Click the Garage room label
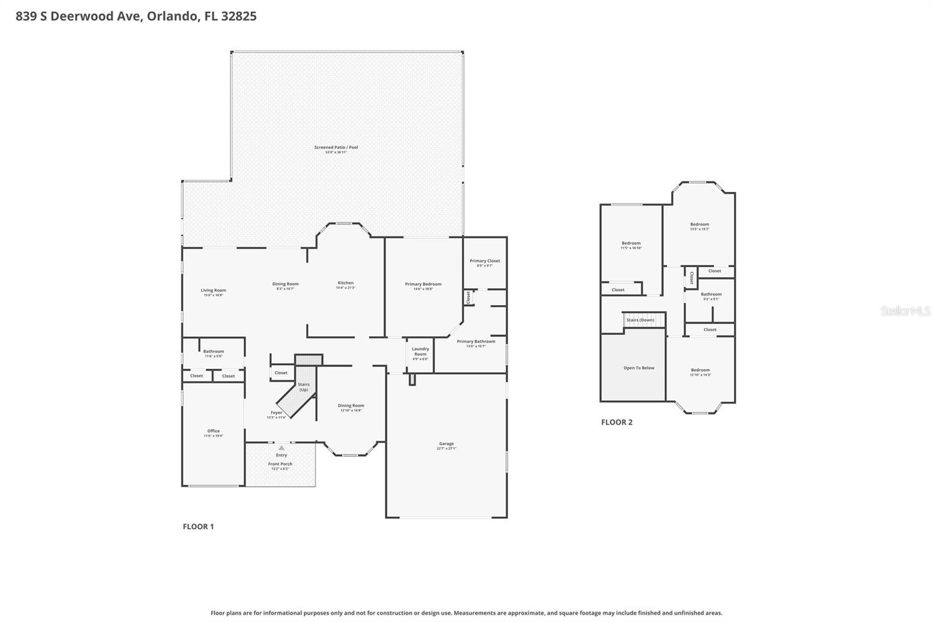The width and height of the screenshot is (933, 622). [x=446, y=444]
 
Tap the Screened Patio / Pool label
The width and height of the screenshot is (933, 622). [x=336, y=148]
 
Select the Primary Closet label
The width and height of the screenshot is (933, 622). [x=485, y=261]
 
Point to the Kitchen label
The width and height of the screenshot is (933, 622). [x=345, y=284]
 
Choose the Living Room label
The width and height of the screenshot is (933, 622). [x=213, y=291]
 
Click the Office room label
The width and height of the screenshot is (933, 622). [x=213, y=431]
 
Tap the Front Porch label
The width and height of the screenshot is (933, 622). [x=280, y=464]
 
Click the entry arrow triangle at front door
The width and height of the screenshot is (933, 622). [x=282, y=448]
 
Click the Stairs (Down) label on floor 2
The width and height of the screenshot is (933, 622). [x=640, y=320]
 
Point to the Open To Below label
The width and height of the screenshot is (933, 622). [x=639, y=368]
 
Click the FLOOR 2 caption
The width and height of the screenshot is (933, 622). [x=616, y=422]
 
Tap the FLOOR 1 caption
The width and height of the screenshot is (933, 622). [x=198, y=526]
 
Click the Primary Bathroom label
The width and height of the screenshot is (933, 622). [x=476, y=342]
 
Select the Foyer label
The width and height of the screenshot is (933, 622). [x=276, y=413]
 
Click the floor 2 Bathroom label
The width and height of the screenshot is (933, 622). [x=711, y=295]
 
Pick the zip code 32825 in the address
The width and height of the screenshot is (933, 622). [x=238, y=16]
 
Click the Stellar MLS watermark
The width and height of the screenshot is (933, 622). [x=905, y=311]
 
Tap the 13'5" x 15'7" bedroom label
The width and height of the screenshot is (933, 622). [x=699, y=225]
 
